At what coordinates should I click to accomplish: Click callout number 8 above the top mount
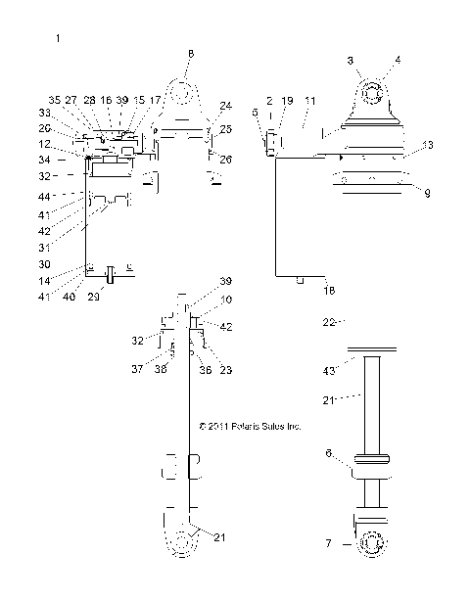(x=191, y=53)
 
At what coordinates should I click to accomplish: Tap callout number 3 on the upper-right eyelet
(x=352, y=61)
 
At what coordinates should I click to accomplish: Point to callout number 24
(x=226, y=106)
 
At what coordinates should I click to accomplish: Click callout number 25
(x=226, y=129)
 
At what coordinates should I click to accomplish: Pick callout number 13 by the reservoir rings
(x=426, y=145)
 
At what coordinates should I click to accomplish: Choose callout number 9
(x=426, y=192)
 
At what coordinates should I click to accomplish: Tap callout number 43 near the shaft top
(x=330, y=370)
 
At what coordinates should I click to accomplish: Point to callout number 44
(x=44, y=196)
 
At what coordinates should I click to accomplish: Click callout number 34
(x=45, y=160)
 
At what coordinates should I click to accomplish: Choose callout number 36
(x=204, y=369)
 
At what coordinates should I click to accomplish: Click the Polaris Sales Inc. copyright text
(x=249, y=427)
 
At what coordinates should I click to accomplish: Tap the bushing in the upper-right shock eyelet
(x=371, y=95)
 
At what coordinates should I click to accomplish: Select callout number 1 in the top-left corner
(x=59, y=38)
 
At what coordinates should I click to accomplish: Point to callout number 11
(x=310, y=101)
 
